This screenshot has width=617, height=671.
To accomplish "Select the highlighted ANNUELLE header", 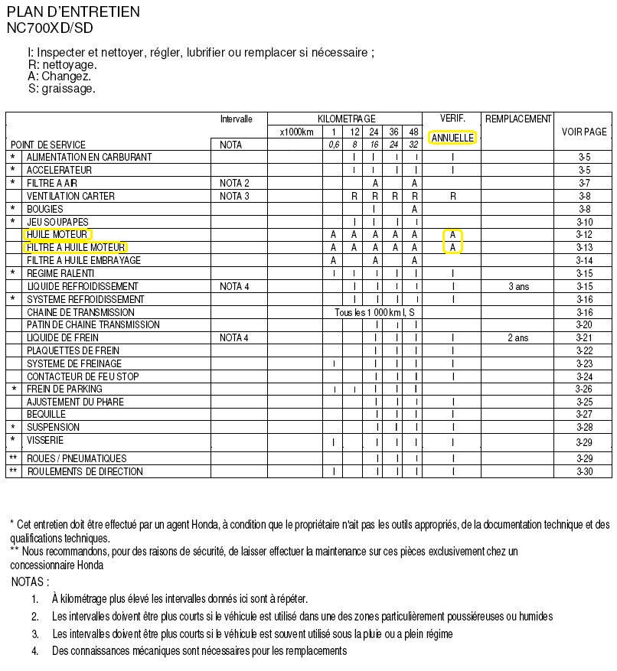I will point(452,138).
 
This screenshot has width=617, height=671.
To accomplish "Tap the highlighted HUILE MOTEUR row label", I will point(57,234).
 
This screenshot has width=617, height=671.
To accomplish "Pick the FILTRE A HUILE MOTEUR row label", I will point(75,247).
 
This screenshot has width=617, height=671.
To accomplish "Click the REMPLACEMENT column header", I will point(518,119).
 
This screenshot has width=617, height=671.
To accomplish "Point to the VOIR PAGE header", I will point(584,132).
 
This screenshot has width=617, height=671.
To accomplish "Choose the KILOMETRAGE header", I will point(347,119).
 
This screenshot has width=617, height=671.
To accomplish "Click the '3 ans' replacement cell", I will point(518,286).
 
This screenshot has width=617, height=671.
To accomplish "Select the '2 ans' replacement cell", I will point(518,337).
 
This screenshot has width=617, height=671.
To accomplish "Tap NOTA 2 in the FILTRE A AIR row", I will point(234,183).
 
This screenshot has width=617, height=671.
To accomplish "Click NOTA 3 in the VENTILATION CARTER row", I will point(234,196).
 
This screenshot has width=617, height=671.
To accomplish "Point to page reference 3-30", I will point(584,471).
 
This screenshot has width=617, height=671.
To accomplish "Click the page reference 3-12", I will point(584,234).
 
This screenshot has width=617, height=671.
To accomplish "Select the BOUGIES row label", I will point(46,208).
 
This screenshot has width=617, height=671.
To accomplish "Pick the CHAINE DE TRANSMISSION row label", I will point(80,312).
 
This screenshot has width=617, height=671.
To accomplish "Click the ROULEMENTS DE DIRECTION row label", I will point(84,471).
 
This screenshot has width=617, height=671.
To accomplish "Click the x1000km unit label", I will point(297,132).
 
